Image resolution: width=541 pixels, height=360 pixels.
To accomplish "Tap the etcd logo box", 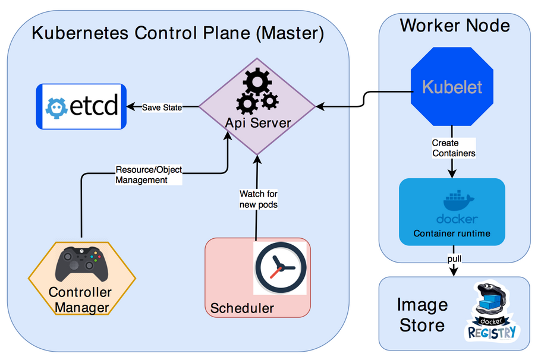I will tap(81, 107).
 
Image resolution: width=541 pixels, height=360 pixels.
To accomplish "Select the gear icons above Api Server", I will tap(256, 91).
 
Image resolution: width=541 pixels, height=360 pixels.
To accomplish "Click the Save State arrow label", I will tap(162, 108).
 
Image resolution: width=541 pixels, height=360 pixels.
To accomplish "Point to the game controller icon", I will tap(81, 265).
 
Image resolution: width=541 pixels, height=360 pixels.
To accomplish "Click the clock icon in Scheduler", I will tap(280, 267).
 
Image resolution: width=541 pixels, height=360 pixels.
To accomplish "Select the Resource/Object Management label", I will tap(149, 174).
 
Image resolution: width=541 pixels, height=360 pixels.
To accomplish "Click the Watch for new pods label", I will tap(258, 199).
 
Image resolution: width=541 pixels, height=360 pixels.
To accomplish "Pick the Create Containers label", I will tap(454, 148).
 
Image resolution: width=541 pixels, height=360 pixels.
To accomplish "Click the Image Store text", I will tap(422, 315).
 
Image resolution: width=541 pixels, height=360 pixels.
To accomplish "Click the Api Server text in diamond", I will tap(258, 123).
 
